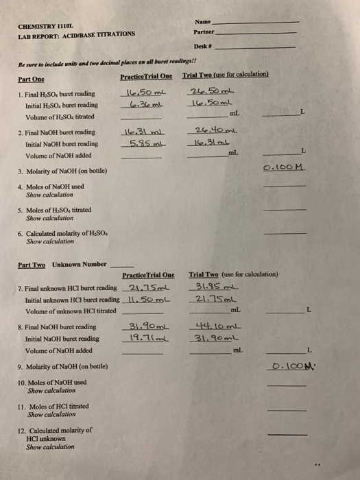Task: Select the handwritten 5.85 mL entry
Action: (145, 144)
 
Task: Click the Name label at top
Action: (204, 21)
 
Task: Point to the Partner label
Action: (206, 32)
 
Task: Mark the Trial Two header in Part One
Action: (226, 75)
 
